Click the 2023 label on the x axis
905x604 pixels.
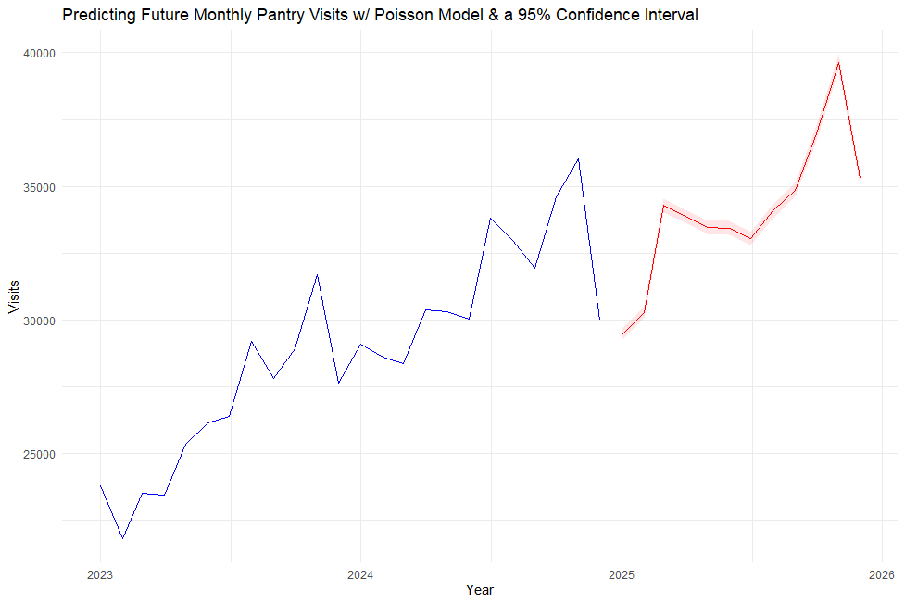click(x=100, y=574)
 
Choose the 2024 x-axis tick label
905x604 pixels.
click(x=360, y=574)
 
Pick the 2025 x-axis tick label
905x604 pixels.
click(x=622, y=574)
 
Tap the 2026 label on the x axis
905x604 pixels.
click(x=882, y=574)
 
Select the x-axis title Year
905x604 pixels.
click(x=479, y=590)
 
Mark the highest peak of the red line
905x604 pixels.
click(x=838, y=63)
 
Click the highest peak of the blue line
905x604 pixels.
click(x=578, y=158)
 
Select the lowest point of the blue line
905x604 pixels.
click(x=122, y=538)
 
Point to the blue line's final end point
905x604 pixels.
click(x=599, y=320)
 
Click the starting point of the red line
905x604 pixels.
click(x=622, y=335)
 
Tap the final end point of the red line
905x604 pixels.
click(x=860, y=178)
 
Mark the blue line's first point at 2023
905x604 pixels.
click(x=100, y=485)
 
